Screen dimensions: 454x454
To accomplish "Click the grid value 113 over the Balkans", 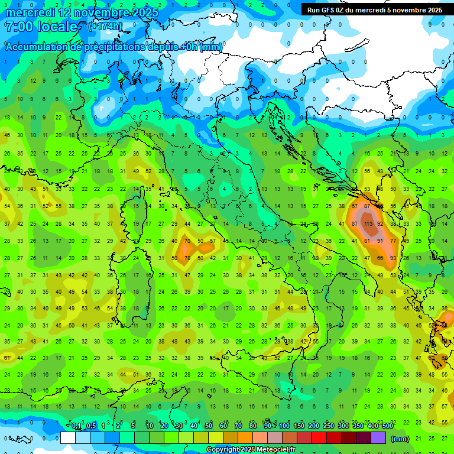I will [368, 224].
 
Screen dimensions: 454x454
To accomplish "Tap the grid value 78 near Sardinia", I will [187, 258].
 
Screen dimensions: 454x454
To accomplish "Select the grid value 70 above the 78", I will [187, 241].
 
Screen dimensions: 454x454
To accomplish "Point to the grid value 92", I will [381, 224].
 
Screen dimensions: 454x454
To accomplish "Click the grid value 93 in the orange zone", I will [394, 258].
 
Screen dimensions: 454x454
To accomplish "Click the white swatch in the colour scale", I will [68, 438].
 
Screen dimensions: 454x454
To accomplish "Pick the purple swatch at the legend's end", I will [378, 438].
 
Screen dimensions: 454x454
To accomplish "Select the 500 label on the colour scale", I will [387, 426].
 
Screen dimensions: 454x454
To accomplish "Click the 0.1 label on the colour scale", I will [76, 426].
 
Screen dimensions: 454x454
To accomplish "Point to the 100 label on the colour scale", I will [284, 426].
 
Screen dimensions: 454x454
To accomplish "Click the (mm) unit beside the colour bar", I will [400, 439].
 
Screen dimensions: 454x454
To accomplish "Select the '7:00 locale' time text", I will [41, 27].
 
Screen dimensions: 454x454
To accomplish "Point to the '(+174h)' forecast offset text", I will [106, 27].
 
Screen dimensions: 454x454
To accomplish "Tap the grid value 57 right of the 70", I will [213, 241].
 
